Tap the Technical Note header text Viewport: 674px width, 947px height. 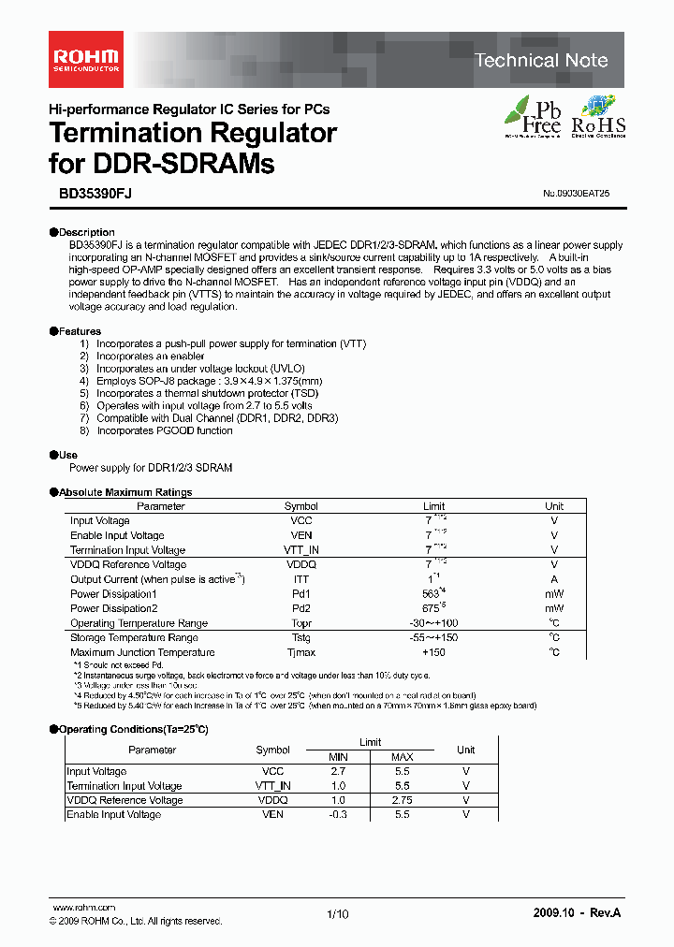click(540, 61)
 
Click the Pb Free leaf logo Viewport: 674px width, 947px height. click(534, 117)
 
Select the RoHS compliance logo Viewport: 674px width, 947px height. click(599, 117)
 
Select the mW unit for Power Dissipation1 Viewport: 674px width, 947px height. click(554, 594)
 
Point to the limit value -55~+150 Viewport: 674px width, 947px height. click(433, 637)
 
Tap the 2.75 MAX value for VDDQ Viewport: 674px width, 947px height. click(402, 800)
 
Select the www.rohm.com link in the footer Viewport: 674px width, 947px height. click(83, 908)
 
